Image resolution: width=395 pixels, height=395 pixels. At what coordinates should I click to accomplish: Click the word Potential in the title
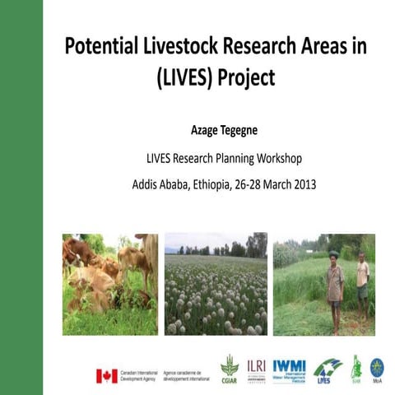coord(105,46)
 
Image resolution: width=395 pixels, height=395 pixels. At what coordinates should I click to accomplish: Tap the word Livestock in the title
coord(193,46)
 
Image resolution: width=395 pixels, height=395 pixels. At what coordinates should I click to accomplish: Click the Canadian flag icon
coord(106,374)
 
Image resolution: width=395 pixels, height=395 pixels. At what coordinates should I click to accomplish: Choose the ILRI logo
coord(255,367)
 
